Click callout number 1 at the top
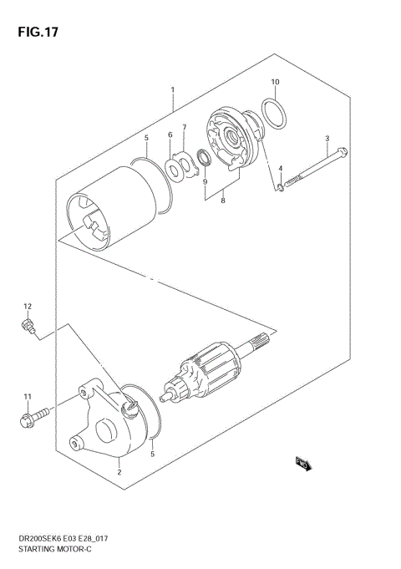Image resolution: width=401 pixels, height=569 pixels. [172, 89]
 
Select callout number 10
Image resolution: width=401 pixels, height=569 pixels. [275, 82]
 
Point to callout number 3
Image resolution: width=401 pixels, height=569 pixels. [327, 138]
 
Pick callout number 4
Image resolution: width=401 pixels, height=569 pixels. [282, 169]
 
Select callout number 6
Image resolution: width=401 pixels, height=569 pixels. [170, 135]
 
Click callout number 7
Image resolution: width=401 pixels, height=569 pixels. [185, 128]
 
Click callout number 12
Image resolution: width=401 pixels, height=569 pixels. [27, 306]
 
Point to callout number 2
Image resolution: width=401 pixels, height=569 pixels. [119, 472]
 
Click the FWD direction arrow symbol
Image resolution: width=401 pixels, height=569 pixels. [302, 463]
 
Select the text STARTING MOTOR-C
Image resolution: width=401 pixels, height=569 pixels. [49, 554]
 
